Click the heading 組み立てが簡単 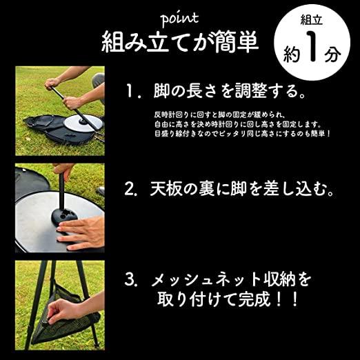point(180,43)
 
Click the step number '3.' point(135,281)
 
